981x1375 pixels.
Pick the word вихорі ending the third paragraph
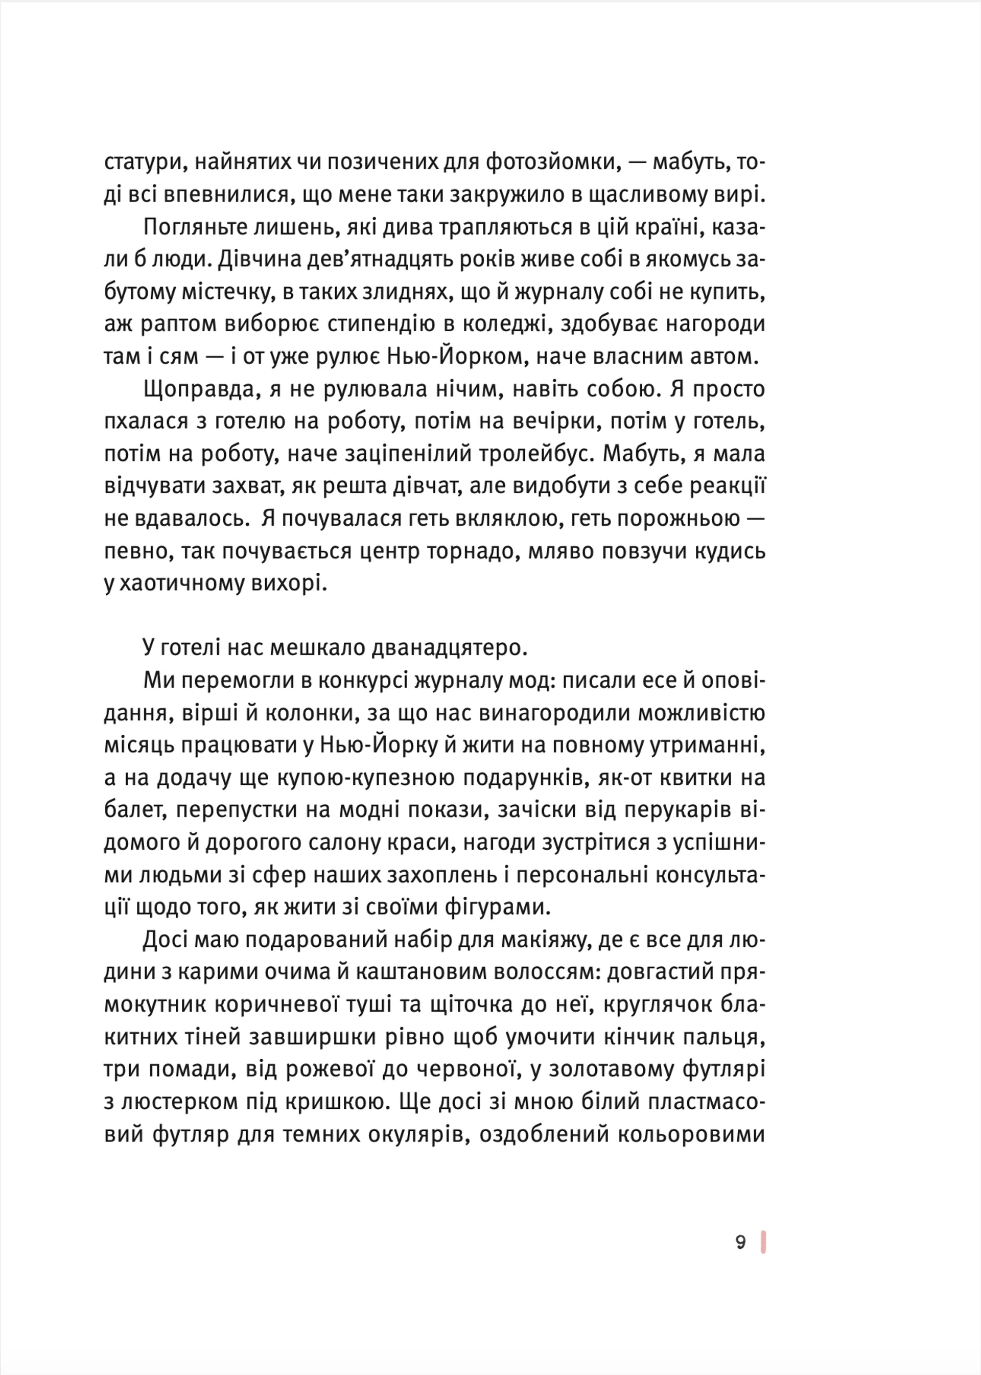292,584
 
